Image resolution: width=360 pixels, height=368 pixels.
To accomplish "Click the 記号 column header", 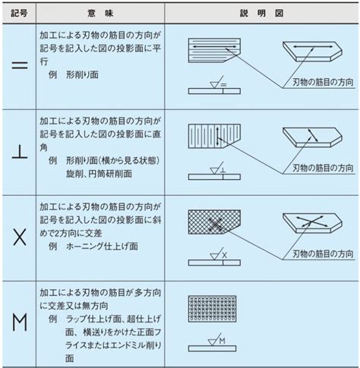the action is [x=19, y=13].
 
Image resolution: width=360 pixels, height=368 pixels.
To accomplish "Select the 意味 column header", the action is [x=100, y=13].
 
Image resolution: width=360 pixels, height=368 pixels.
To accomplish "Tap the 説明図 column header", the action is [x=262, y=13].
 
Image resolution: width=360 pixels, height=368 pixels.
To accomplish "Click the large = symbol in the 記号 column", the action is [x=20, y=65].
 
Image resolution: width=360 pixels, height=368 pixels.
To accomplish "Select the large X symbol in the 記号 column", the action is [x=20, y=237].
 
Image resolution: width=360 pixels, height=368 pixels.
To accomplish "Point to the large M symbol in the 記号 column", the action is [x=20, y=322].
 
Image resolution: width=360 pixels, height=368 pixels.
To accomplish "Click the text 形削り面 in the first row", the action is [x=82, y=74].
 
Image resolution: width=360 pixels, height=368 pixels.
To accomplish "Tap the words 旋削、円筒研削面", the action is [x=99, y=174].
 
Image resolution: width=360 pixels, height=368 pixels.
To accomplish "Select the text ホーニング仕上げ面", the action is [x=102, y=246].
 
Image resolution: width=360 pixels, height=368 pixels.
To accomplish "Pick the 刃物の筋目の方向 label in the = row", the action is [x=323, y=82].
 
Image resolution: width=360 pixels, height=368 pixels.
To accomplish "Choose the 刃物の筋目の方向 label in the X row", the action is [x=323, y=253].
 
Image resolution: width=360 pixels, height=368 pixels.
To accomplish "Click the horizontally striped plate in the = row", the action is [x=214, y=50].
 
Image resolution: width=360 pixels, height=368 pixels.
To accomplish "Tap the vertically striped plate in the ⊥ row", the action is [x=214, y=136].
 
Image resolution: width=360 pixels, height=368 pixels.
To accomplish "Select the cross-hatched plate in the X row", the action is [x=214, y=222].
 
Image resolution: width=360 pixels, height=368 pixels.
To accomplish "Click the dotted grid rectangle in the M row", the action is [x=212, y=309].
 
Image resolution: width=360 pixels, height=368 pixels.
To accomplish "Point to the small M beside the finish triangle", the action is [x=222, y=341].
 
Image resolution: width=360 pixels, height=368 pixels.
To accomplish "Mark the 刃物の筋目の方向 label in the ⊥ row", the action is [x=323, y=168].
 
